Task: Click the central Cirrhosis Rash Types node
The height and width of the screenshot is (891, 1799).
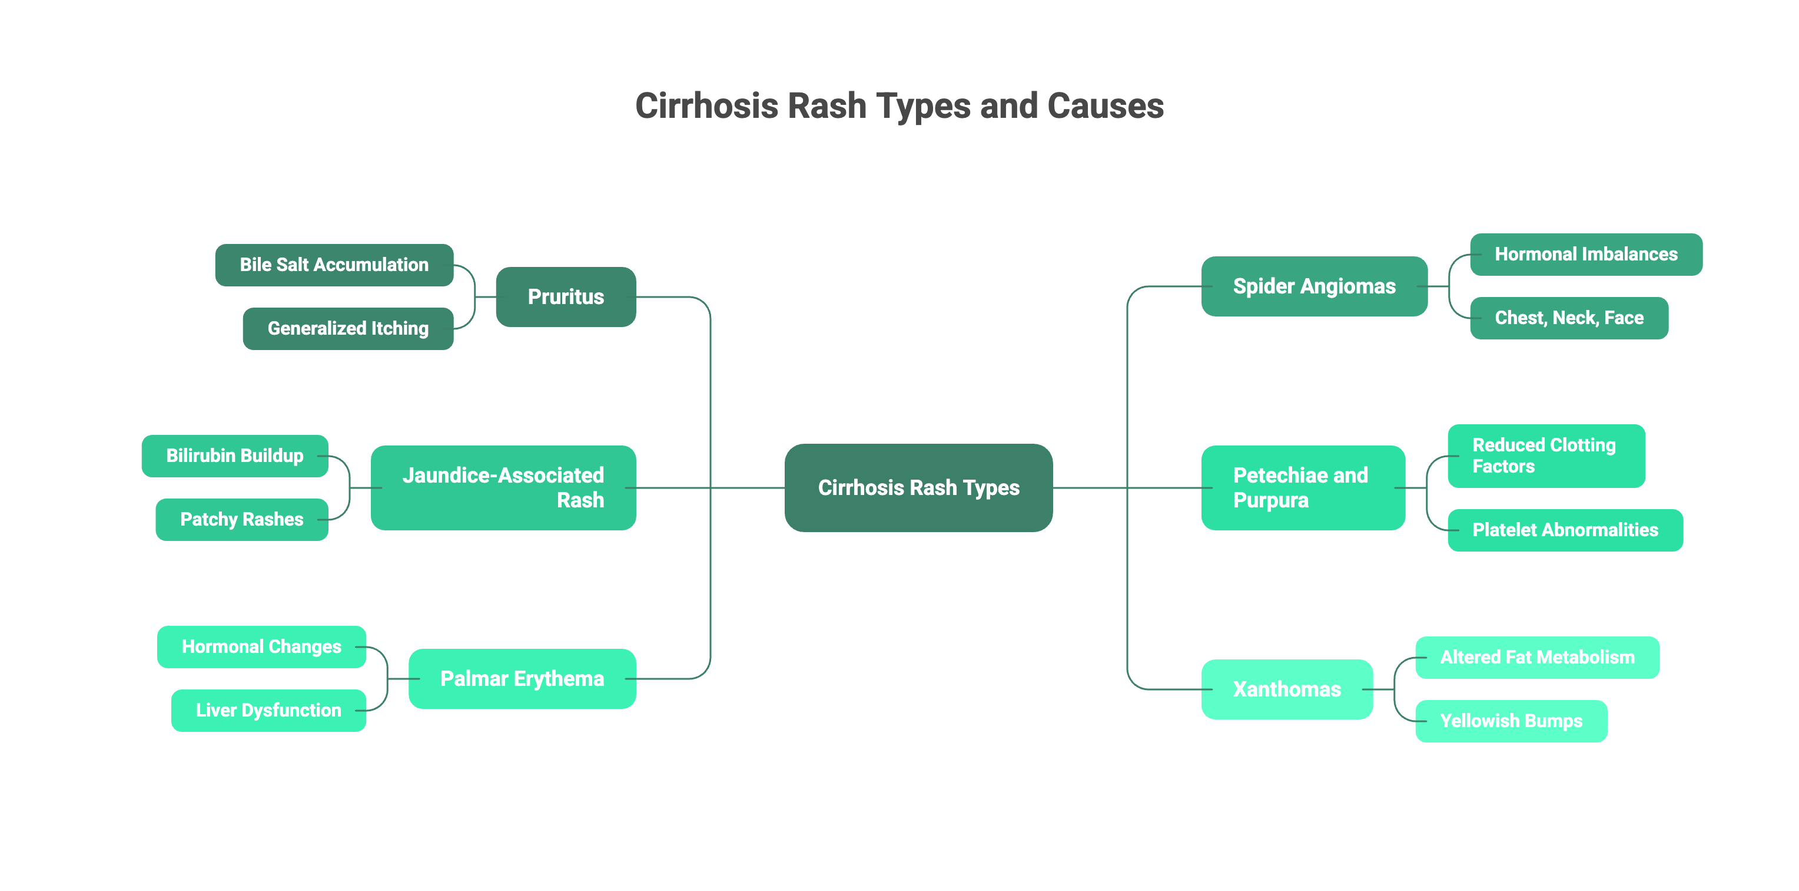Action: [x=918, y=487]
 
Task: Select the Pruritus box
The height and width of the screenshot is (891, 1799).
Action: [x=565, y=296]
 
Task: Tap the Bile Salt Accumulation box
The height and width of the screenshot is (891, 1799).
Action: [x=334, y=265]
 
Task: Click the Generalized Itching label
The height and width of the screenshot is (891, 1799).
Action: [x=348, y=328]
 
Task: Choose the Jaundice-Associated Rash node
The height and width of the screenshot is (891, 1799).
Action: [x=503, y=487]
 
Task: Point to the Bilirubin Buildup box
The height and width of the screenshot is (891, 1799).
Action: [x=235, y=456]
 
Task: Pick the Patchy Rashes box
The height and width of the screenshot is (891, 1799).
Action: [x=241, y=519]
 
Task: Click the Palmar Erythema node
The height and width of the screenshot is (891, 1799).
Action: [x=522, y=678]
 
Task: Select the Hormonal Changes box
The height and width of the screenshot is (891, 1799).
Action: [x=261, y=646]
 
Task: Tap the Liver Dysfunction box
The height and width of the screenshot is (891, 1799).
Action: [x=268, y=710]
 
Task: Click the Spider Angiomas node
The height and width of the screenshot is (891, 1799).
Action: [x=1313, y=286]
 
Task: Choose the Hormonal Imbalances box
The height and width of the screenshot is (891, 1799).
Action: [x=1585, y=255]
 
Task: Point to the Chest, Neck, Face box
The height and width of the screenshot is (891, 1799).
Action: [x=1569, y=318]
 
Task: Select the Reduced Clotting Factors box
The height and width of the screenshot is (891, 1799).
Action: [x=1545, y=456]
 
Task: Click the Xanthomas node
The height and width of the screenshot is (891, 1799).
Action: [x=1286, y=689]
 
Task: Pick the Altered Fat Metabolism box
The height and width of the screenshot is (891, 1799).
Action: [x=1536, y=657]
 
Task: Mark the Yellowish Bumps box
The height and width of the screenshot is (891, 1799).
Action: [x=1511, y=721]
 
